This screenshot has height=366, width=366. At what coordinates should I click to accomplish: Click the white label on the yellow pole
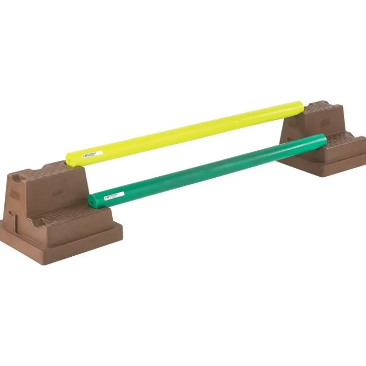point(92,153)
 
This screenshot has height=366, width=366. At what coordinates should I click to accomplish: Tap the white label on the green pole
point(114,195)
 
